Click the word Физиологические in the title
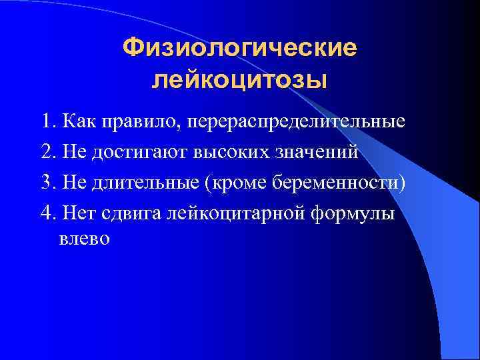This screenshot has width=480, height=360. click(240, 48)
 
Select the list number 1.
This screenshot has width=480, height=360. click(46, 123)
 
